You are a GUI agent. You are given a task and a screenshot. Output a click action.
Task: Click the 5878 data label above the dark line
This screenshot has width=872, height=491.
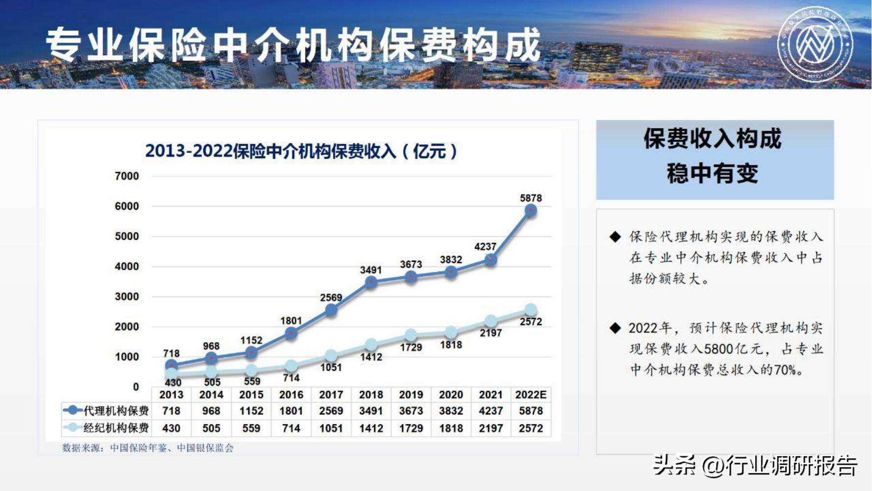pos(531,198)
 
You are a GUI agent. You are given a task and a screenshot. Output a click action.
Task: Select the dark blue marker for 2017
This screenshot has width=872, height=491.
pos(331,310)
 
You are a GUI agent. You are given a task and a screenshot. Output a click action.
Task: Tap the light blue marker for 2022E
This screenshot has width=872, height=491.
pos(531,310)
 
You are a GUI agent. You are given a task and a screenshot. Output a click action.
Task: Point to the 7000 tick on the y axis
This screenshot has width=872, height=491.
pos(127,176)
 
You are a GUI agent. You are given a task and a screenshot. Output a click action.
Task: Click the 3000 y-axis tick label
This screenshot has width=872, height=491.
pos(127,297)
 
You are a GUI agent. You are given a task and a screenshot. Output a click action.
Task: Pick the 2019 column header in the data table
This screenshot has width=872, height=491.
pos(410,395)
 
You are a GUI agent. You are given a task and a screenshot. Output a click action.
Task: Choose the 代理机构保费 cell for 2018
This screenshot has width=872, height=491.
pos(371,411)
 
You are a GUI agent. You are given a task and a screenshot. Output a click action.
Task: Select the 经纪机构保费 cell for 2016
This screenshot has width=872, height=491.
pos(291,428)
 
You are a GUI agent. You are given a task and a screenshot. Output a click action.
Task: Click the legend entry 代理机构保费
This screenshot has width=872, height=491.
pos(107,411)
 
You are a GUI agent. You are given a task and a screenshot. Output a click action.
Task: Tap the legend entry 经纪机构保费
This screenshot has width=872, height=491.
pos(107,428)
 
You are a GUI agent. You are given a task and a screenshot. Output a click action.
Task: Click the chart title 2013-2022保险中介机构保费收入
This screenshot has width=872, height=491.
pos(301,151)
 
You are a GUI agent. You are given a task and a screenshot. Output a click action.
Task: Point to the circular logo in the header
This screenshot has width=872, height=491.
pos(815,44)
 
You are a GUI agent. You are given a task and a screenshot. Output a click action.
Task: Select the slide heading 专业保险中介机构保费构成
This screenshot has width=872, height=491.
pos(293,45)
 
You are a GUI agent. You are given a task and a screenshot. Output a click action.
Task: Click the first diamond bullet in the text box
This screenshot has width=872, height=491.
pos(615,237)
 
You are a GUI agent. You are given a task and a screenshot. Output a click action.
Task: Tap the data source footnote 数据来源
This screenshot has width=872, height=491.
pos(148,448)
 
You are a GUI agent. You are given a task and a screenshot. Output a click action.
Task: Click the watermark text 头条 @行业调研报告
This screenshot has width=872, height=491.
pos(755,464)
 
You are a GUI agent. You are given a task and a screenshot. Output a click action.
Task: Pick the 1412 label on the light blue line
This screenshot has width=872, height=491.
pos(371,357)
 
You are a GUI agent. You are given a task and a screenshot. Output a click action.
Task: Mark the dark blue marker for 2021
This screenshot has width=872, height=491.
pos(490,260)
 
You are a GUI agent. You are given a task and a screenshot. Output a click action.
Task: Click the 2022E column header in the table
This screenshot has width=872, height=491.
pos(531,395)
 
